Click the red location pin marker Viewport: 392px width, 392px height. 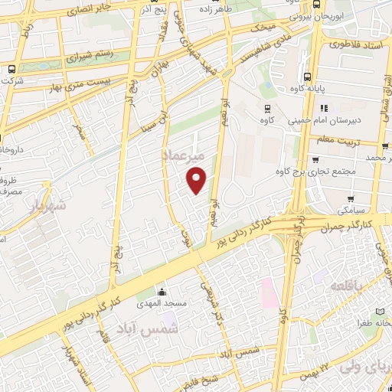pyautogui.click(x=197, y=179)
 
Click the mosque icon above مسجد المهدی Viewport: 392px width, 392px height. pyautogui.click(x=162, y=292)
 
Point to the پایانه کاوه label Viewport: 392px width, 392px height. pyautogui.click(x=328, y=88)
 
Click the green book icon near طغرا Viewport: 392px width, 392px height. pyautogui.click(x=381, y=313)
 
